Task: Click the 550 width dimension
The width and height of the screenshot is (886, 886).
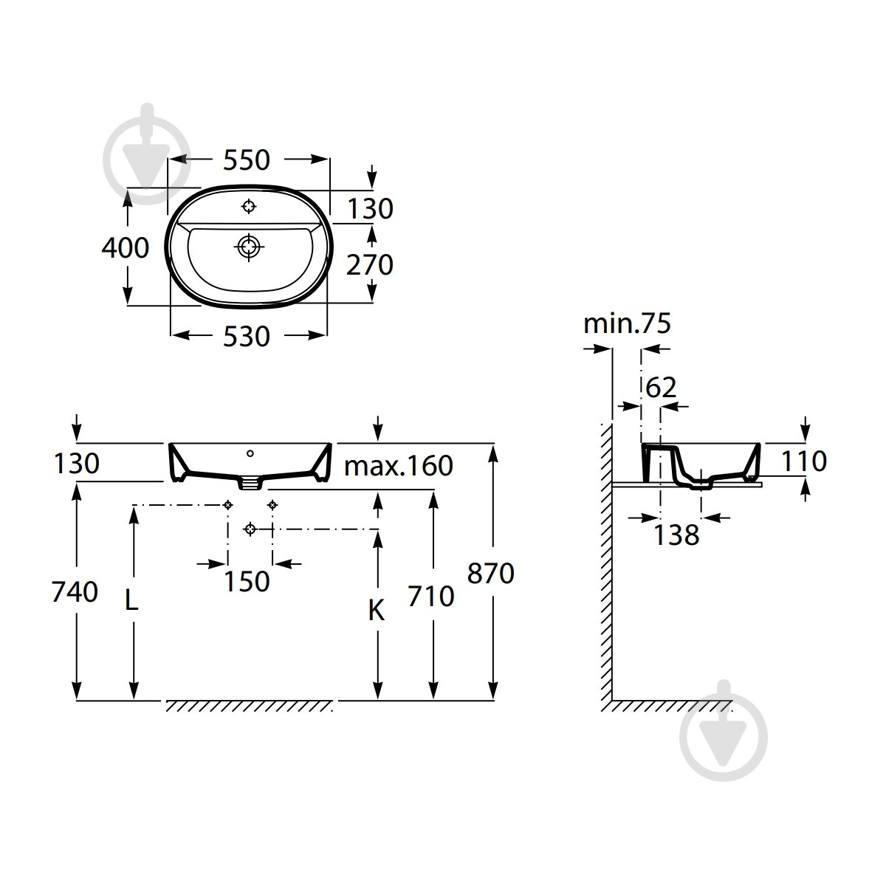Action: (247, 160)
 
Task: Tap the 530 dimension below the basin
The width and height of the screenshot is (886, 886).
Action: (247, 336)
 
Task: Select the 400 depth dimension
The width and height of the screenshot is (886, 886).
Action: (125, 248)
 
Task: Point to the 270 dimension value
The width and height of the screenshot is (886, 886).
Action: (370, 265)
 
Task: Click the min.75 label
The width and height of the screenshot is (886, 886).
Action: (627, 323)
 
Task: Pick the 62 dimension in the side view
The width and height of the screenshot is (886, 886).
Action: (661, 388)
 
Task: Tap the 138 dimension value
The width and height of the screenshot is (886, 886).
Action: (676, 535)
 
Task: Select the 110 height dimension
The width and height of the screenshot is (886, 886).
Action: (804, 461)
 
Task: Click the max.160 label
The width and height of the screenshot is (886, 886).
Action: (398, 466)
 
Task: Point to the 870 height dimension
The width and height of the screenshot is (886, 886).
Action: (490, 574)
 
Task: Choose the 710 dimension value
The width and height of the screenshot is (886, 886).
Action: (431, 597)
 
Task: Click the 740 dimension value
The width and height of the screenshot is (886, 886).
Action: (75, 591)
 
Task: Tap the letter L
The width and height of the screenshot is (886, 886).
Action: (131, 600)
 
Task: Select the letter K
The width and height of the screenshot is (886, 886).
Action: (376, 611)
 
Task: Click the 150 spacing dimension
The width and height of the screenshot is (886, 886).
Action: (247, 582)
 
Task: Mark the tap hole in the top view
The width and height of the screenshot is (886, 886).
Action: (249, 207)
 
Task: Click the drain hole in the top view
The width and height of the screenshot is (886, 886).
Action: (249, 247)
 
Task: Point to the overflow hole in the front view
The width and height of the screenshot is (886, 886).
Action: (250, 454)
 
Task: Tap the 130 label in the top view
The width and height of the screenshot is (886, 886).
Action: (370, 209)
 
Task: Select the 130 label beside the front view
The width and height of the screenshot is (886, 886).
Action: (76, 463)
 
